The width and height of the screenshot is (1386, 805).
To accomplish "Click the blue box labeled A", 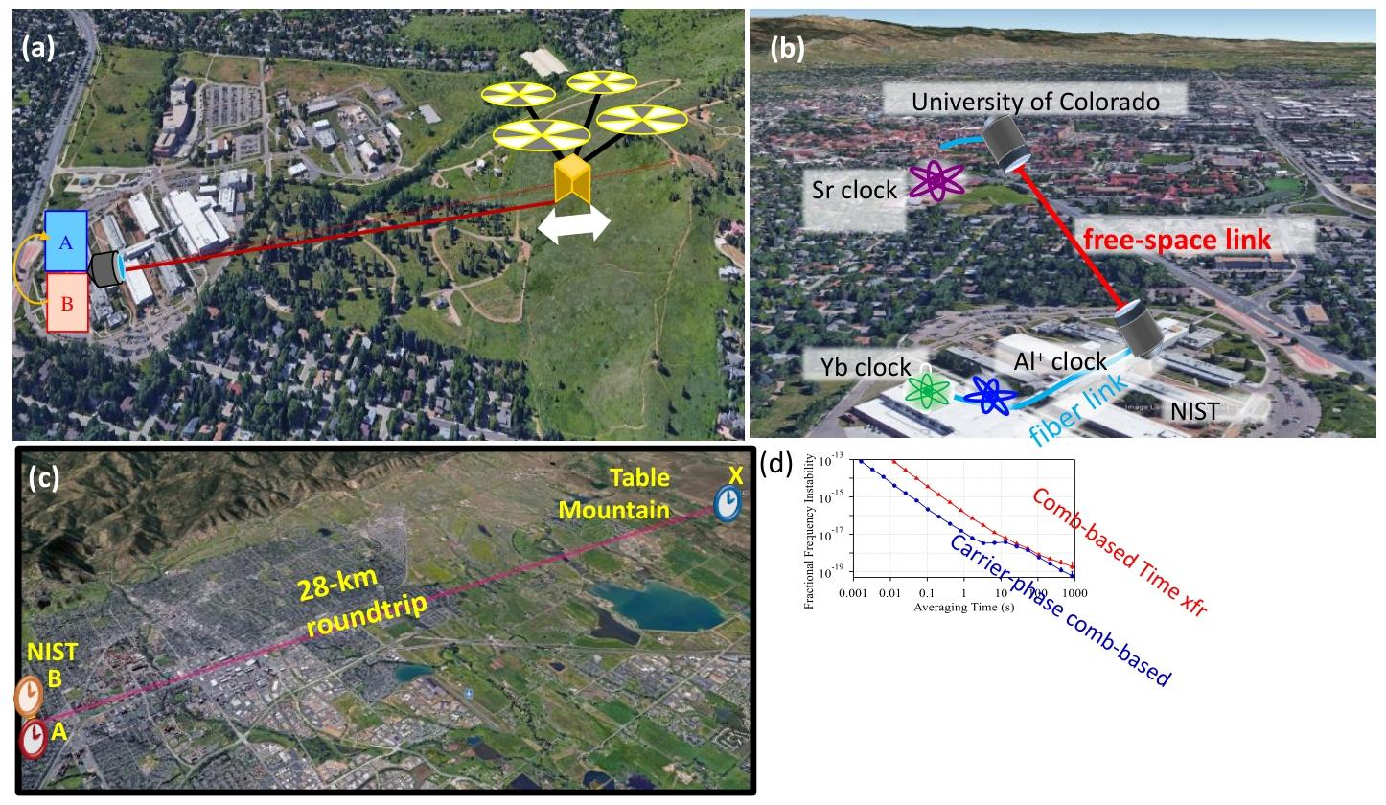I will point(66,241).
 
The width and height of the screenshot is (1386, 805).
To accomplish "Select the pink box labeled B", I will point(66,302).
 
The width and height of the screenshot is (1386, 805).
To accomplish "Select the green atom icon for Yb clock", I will point(928,391).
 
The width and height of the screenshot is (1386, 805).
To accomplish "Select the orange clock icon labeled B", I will point(29,697).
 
